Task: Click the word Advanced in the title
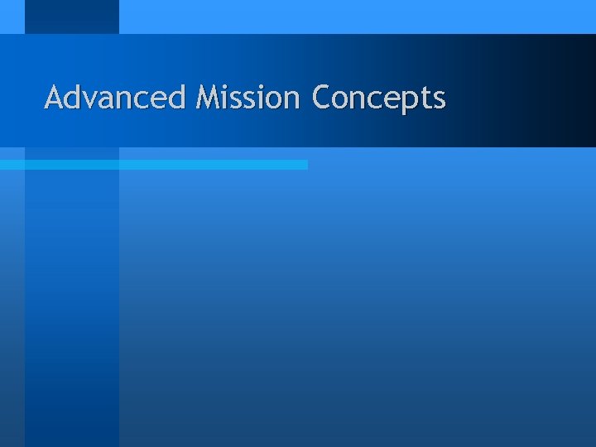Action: coord(115,98)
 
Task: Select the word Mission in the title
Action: coord(248,98)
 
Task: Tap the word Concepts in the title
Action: coord(378,99)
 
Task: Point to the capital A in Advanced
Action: coord(55,98)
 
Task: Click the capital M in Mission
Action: coord(208,98)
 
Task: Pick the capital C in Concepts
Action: coord(321,98)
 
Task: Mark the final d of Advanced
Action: coord(176,98)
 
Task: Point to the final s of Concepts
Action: coord(439,100)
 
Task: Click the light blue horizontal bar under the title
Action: coord(153,165)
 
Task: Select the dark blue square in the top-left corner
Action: coord(71,17)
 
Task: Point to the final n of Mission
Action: coord(291,100)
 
